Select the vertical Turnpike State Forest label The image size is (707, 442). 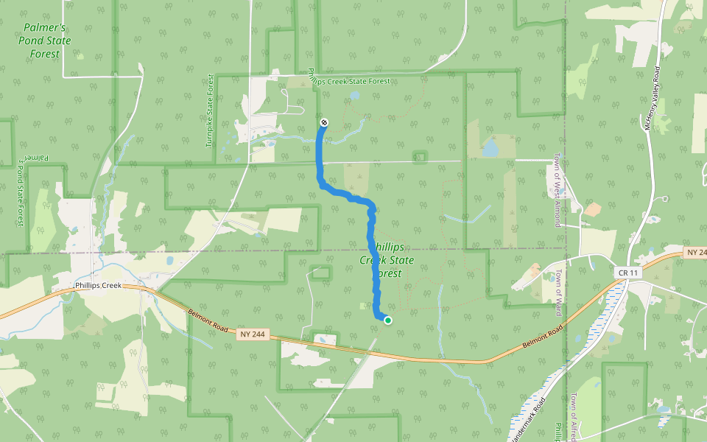(210, 110)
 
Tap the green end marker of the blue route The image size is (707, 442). (388, 320)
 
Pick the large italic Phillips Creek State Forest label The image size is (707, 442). (387, 259)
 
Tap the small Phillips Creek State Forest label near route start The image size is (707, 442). (348, 81)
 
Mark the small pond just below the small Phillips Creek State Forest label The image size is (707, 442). (355, 95)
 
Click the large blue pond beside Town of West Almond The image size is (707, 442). (490, 150)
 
